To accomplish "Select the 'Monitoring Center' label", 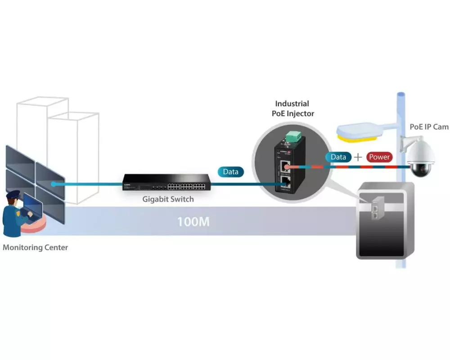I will tap(36, 247).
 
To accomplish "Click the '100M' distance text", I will tap(193, 221).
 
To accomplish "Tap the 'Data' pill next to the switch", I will tap(231, 171).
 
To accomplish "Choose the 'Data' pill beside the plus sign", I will tap(338, 157).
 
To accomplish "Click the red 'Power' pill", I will tap(379, 157).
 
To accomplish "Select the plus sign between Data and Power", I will tap(358, 157).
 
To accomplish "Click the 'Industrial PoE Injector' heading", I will tap(292, 108).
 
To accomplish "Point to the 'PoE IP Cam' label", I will tap(429, 127).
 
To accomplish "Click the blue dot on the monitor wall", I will tap(53, 184).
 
